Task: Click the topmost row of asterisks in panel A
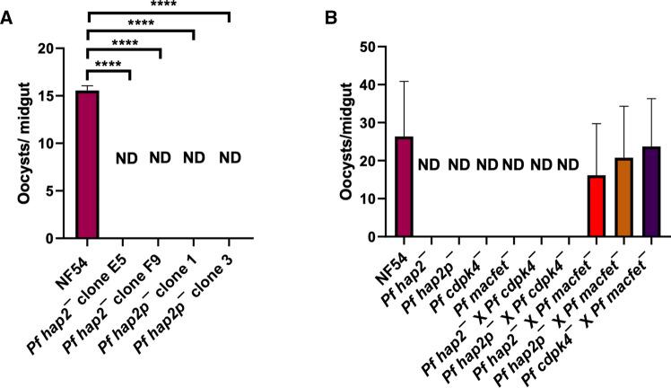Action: click(x=158, y=5)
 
